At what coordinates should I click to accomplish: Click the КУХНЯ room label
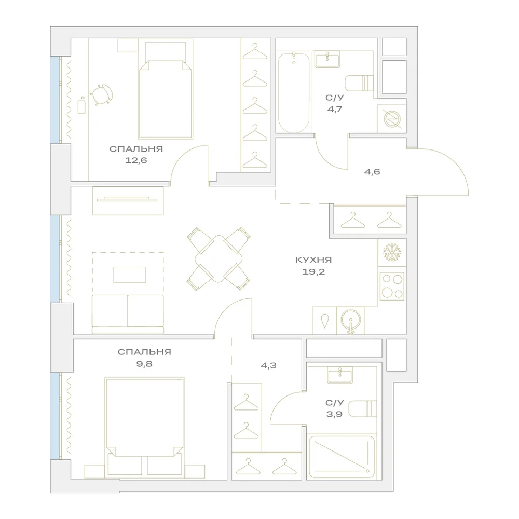pos(313,260)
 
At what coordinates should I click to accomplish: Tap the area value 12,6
pos(136,160)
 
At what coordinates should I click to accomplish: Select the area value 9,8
pos(144,364)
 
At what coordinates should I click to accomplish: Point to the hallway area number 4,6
pos(372,171)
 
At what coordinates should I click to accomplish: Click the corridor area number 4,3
pos(268,365)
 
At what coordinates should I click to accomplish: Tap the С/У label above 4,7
pos(335,98)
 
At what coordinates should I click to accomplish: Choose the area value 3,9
pos(334,414)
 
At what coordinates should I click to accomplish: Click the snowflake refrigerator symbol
pos(392,252)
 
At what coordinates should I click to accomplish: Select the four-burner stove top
pos(392,286)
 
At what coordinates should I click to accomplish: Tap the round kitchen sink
pos(351,321)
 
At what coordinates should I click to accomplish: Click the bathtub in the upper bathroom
pos(294,93)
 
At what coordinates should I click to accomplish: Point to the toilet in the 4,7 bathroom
pos(359,83)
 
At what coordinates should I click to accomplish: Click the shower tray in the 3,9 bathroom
pos(341,457)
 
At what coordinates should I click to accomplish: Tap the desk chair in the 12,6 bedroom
pos(102,94)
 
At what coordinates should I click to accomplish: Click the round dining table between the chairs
pos(218,259)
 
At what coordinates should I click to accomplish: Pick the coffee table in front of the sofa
pos(129,275)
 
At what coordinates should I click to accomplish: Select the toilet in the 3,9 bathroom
pos(362,408)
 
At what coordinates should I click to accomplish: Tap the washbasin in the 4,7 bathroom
pos(327,60)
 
